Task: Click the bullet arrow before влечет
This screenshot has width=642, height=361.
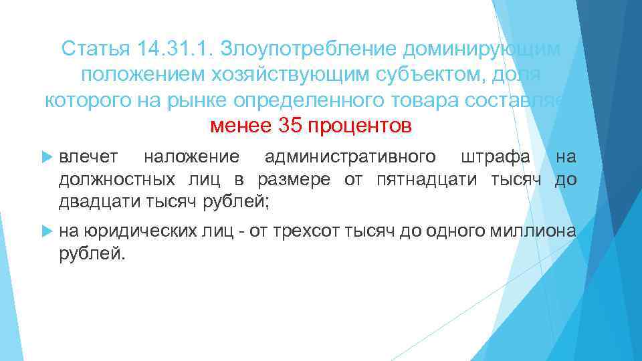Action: coord(46,157)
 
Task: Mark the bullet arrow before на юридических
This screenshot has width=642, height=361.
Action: coord(46,231)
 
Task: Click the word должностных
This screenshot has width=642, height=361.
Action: coord(118,179)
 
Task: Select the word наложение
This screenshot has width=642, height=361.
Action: coord(191,157)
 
